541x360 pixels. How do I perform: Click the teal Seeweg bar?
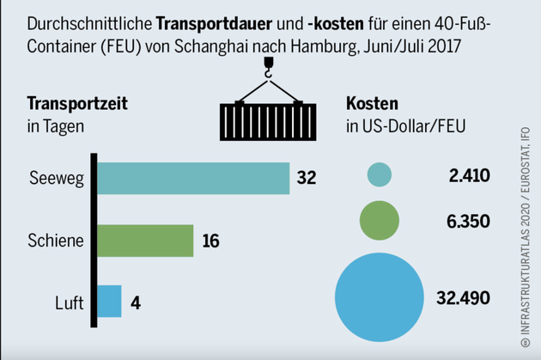(192, 178)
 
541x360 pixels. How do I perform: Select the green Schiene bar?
(144, 240)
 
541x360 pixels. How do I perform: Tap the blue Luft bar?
(108, 302)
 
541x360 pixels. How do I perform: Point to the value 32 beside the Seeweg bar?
(307, 179)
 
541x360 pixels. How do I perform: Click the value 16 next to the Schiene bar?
(211, 241)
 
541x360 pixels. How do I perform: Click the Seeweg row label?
(57, 179)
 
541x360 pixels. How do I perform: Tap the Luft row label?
(68, 302)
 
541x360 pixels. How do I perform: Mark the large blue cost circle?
(380, 297)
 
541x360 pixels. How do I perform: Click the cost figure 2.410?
(468, 176)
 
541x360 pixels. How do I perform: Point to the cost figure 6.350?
(468, 221)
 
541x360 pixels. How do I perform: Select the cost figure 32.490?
(463, 298)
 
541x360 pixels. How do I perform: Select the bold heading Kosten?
(372, 105)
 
